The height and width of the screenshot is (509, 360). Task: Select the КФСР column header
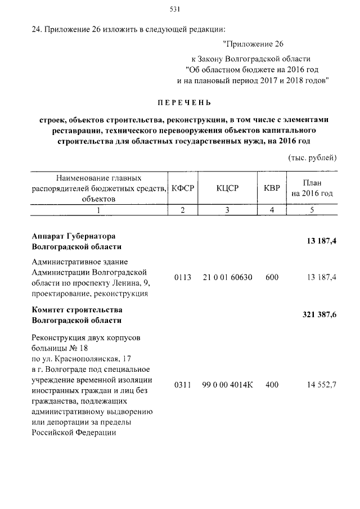(x=183, y=188)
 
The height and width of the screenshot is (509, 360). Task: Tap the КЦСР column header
(x=227, y=188)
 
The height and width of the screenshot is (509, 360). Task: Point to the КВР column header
(x=272, y=188)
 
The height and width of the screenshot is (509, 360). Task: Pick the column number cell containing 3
(x=227, y=210)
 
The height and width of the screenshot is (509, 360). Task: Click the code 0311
(x=183, y=385)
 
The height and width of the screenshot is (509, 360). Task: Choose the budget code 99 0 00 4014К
(x=227, y=385)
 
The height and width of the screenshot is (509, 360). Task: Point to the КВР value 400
(x=272, y=385)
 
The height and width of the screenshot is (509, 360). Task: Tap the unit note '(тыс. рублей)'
(x=312, y=157)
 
